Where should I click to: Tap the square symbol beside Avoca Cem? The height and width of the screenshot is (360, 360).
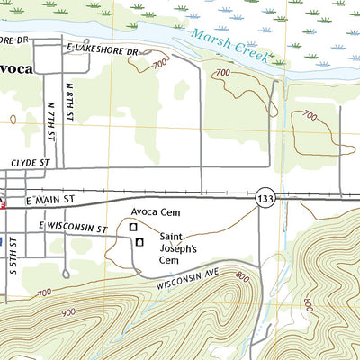pos(134,228)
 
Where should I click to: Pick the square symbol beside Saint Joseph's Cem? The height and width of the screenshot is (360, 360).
pos(139,241)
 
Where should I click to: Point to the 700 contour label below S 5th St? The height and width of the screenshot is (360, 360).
pos(44,293)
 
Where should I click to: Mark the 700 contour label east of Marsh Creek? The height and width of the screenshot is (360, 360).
pos(310,116)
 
